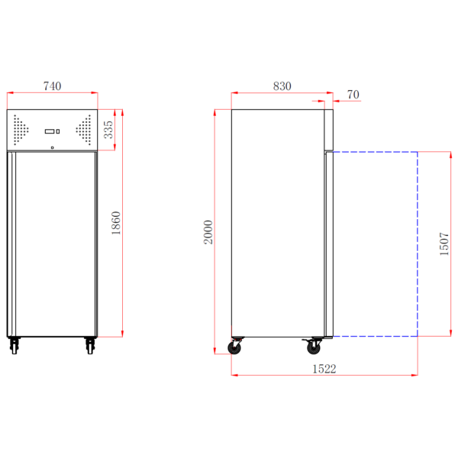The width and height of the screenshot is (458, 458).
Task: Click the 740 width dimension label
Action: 52,86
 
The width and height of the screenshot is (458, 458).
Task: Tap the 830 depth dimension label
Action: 282,86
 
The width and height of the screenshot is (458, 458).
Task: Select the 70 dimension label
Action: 353,95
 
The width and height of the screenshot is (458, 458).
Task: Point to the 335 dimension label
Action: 108,130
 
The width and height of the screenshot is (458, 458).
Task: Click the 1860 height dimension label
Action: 116,223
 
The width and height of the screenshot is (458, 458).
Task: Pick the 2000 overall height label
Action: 208,232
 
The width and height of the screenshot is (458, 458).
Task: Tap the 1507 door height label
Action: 444,244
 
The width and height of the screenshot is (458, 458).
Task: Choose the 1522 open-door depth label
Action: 324,369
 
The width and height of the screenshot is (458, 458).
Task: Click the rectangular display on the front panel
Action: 50,131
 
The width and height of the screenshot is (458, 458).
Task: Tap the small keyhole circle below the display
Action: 52,147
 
